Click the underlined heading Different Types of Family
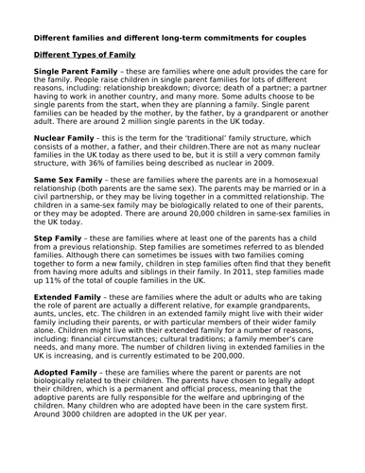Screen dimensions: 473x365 coord(85,55)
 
